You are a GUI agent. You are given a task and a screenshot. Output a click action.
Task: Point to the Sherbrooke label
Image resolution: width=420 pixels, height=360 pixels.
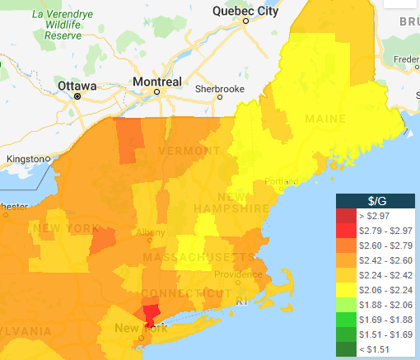point(220,88)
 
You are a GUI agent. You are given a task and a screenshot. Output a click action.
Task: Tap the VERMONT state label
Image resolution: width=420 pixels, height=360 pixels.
point(189,151)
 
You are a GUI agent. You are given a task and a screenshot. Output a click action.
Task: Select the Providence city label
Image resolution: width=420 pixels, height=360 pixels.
point(239,274)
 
